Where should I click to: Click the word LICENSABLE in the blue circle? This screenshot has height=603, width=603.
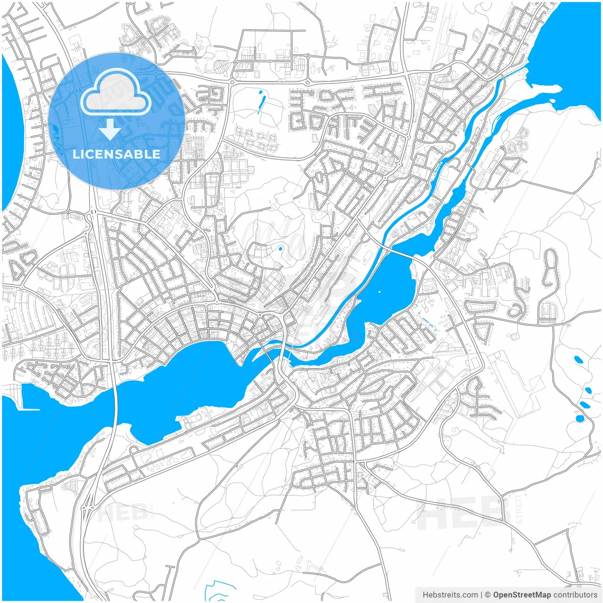tap(116, 154)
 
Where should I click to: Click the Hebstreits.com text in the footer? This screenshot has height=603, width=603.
tap(450, 595)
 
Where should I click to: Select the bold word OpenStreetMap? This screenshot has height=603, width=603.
tap(522, 595)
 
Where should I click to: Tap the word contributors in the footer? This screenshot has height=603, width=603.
tap(575, 595)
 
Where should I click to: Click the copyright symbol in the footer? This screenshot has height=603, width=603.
tap(488, 595)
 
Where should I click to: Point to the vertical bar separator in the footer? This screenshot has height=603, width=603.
tap(481, 595)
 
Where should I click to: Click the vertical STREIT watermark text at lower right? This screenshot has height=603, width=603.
tap(519, 509)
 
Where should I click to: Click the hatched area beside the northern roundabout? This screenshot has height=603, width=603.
tap(220, 68)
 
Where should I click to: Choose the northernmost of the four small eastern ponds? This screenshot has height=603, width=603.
tap(578, 359)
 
